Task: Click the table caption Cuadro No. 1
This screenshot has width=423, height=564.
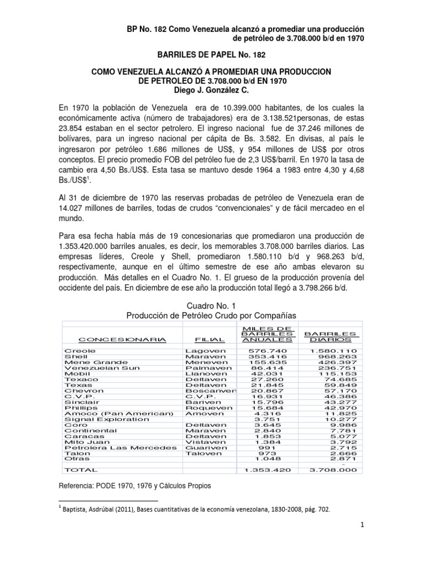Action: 212,305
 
